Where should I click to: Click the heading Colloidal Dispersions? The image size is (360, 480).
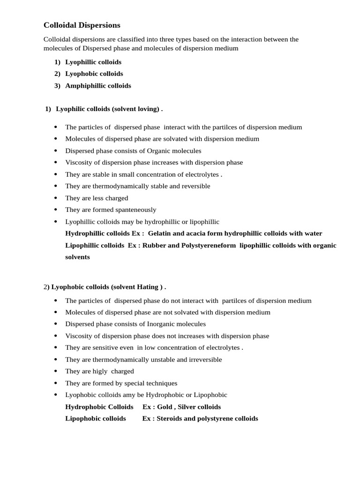82,25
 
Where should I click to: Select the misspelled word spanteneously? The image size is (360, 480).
134,210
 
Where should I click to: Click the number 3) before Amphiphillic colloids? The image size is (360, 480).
57,86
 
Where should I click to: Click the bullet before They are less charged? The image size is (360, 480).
56,198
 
